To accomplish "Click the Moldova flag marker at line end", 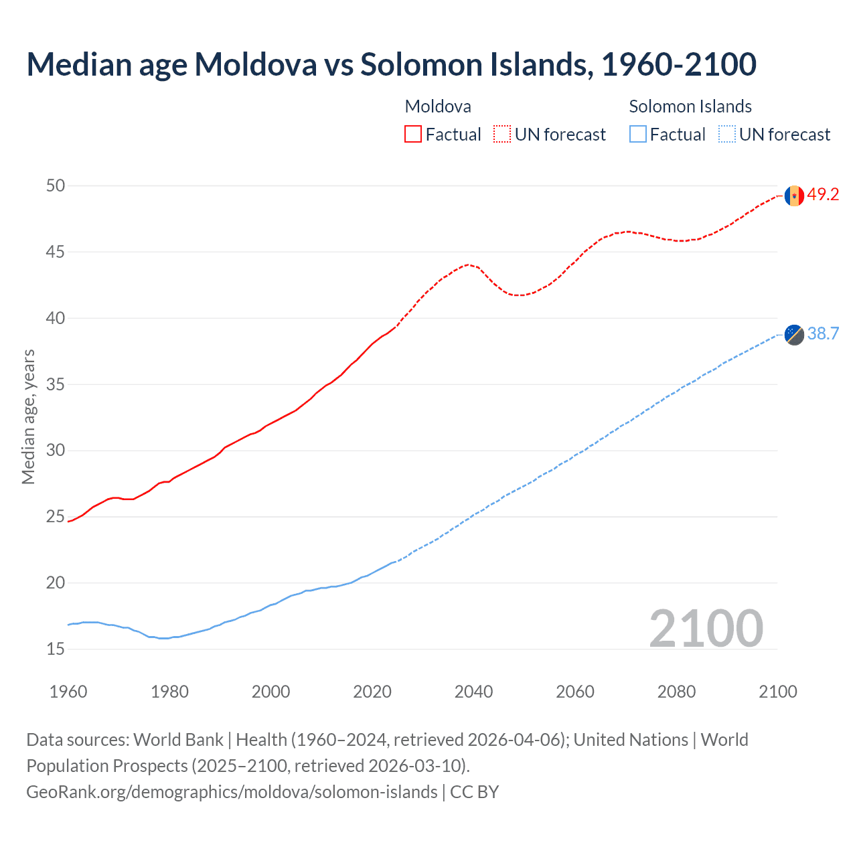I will (794, 196).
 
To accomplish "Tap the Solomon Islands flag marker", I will (794, 334).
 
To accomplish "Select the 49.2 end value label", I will (823, 195).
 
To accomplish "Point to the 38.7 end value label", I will (823, 333).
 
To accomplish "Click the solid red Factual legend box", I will (413, 135).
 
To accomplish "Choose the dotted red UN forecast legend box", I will (502, 135).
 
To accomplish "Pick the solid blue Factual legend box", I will (637, 135).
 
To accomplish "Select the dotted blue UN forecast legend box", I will (726, 135).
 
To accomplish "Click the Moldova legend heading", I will (438, 106).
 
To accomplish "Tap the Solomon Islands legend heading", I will (690, 106).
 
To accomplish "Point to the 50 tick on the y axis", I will (56, 185).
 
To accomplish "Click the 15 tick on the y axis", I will (56, 649).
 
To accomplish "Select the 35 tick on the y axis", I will (56, 384).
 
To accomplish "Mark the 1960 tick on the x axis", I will (68, 692).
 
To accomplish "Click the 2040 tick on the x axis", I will (473, 692).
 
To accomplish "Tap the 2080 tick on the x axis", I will (676, 692).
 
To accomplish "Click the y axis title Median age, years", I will (28, 416).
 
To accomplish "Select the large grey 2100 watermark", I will (706, 628).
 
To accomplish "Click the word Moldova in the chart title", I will (255, 64).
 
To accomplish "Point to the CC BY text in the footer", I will (474, 792).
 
